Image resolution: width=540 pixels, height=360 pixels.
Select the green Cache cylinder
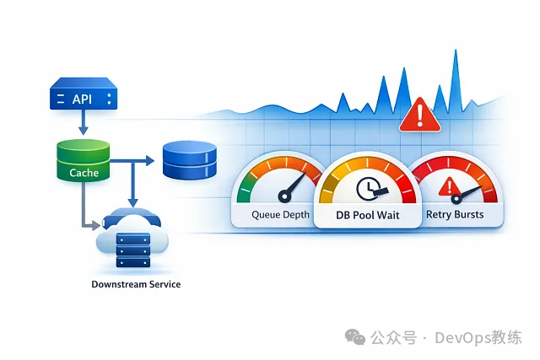tap(83, 160)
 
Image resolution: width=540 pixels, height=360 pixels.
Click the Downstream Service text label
tap(136, 284)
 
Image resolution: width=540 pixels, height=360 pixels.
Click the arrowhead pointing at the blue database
tap(148, 159)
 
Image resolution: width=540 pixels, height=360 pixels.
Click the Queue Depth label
tap(281, 214)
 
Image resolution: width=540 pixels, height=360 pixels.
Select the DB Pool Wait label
tap(369, 216)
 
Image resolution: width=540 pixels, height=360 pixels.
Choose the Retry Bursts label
tap(455, 214)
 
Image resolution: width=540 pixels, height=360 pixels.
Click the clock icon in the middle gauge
tap(369, 188)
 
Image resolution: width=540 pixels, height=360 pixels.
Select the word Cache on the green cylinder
tap(83, 173)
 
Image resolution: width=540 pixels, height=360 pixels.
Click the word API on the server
tap(83, 99)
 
